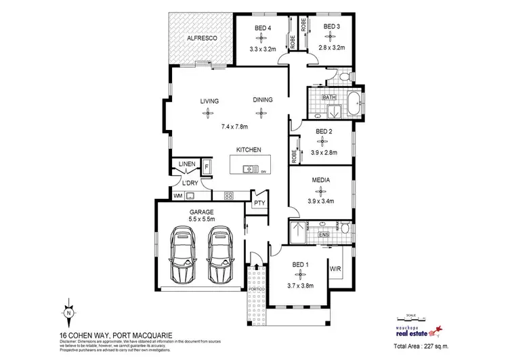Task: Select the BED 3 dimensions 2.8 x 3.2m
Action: coord(330,48)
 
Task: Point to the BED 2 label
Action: coord(324,132)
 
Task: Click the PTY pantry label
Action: coord(259,202)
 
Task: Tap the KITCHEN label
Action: coord(249,150)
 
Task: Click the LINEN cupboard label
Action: coord(187,164)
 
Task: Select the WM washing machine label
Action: coord(178,196)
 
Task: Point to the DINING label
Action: coord(263,100)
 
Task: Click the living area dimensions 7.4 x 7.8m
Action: coord(235,127)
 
